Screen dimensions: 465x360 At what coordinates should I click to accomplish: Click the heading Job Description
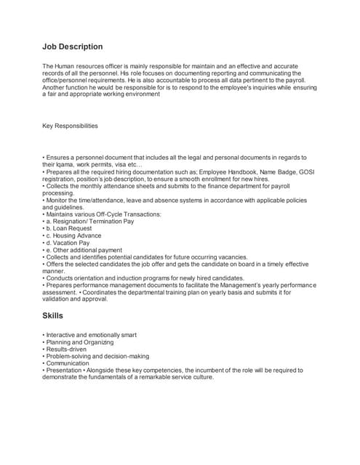(x=73, y=46)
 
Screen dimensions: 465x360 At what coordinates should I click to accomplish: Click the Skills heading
(x=53, y=316)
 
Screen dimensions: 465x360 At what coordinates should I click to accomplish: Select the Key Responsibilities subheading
(x=70, y=126)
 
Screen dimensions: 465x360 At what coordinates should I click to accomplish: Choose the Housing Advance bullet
(x=76, y=235)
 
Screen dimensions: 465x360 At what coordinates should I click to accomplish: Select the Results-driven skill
(x=66, y=349)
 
